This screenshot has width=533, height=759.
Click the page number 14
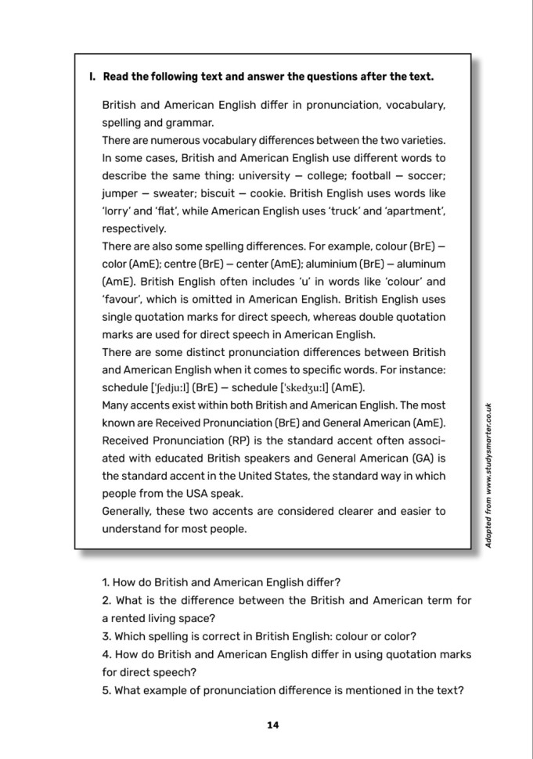[272, 725]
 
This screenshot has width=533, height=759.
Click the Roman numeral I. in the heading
[92, 77]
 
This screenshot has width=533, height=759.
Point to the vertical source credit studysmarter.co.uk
[488, 478]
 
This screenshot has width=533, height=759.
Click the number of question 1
[106, 582]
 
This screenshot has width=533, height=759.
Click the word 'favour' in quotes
[122, 300]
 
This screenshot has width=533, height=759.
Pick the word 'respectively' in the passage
[134, 229]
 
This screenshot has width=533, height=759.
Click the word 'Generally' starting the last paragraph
[128, 511]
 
